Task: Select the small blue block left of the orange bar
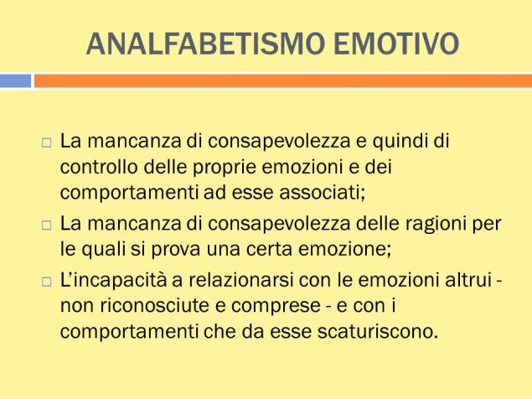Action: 15,80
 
